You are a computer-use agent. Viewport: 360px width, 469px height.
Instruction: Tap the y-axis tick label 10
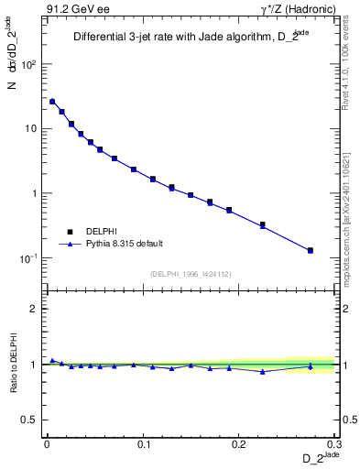(x=30, y=129)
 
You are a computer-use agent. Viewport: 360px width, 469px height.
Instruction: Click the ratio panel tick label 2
(x=34, y=309)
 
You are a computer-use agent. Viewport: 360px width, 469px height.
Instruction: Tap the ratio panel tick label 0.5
(x=30, y=420)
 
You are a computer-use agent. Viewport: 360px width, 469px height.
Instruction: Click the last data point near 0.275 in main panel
(x=311, y=250)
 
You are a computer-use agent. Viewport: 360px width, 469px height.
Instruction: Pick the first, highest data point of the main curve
(x=52, y=102)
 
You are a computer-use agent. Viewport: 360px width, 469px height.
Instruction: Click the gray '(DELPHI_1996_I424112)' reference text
(x=190, y=273)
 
